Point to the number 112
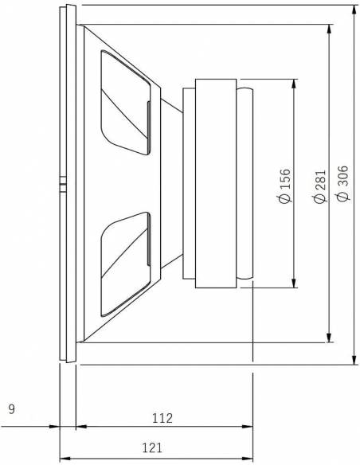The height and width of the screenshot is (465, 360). [x=162, y=417]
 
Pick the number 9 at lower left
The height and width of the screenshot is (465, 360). [x=11, y=410]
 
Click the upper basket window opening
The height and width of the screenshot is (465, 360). [x=126, y=102]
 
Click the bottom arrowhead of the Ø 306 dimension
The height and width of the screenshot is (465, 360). [x=354, y=361]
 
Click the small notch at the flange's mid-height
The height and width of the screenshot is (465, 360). [x=62, y=185]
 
